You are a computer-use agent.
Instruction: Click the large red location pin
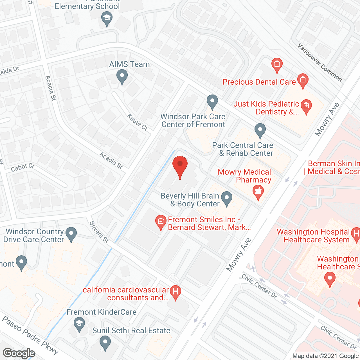click(x=180, y=166)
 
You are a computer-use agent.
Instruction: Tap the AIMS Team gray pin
click(x=122, y=76)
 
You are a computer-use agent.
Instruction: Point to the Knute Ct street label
click(x=137, y=122)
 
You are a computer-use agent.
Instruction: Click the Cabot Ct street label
click(x=22, y=168)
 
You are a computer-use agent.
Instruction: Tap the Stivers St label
click(x=99, y=232)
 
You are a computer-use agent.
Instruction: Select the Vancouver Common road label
click(x=320, y=62)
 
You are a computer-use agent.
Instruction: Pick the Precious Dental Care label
click(x=259, y=82)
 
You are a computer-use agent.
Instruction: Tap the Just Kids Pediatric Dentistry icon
click(x=306, y=106)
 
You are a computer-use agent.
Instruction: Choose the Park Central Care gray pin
click(x=260, y=130)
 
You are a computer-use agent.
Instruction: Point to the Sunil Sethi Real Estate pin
click(x=105, y=343)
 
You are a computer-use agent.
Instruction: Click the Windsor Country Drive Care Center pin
click(x=71, y=234)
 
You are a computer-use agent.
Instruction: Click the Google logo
click(x=19, y=353)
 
